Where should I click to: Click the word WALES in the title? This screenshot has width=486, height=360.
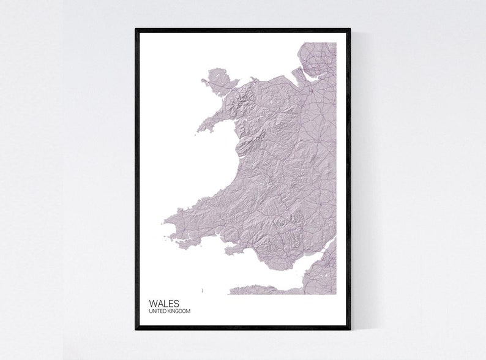pos(164,303)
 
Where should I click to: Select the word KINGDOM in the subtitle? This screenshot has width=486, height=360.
pos(179,311)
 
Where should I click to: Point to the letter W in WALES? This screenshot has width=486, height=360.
pos(153,303)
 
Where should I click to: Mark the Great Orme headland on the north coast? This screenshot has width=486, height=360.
pos(252,78)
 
